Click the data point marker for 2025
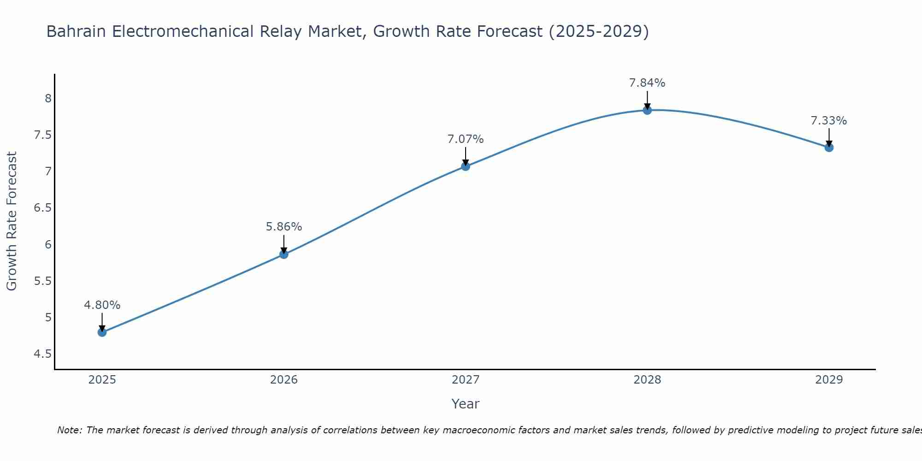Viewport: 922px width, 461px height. (102, 332)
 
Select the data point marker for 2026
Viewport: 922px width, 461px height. (284, 254)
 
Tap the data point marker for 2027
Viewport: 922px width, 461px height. (466, 166)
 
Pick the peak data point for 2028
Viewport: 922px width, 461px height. (647, 110)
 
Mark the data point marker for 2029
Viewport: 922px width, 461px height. (829, 148)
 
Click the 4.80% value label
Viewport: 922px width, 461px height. (102, 305)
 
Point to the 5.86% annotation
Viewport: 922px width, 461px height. (284, 227)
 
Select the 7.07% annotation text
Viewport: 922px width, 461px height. (466, 139)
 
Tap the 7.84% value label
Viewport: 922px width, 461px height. (647, 83)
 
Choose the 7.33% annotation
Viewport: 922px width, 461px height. (829, 121)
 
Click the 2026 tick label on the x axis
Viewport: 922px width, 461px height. (284, 380)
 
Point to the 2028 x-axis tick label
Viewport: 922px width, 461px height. (647, 380)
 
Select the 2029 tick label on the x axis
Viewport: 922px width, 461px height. (829, 380)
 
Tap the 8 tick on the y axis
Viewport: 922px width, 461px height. (48, 98)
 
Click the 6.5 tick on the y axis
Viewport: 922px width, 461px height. (43, 208)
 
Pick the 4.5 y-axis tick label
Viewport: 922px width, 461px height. (43, 354)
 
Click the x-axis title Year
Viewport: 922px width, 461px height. (466, 404)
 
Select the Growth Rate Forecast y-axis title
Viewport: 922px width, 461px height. (12, 221)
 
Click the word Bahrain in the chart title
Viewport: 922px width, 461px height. (77, 32)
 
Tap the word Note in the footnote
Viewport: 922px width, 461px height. (69, 430)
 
